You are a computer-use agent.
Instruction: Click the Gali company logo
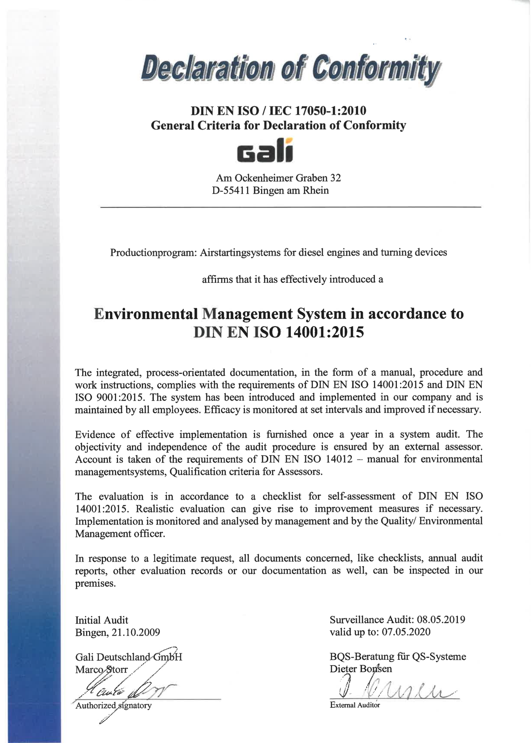tap(265, 151)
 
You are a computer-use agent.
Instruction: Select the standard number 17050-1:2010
tap(330, 111)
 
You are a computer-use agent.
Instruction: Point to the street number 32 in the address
tap(336, 178)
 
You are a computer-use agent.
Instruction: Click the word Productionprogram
tap(153, 253)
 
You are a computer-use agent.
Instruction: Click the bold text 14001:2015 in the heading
tap(324, 333)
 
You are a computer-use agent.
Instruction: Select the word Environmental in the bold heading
tap(146, 314)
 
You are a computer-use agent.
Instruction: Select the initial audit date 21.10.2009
tap(136, 632)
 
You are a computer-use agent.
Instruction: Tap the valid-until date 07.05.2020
tap(406, 632)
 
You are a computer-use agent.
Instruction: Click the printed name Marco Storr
tap(101, 670)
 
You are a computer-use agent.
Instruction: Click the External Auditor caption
tap(355, 705)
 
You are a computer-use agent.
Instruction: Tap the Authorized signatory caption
tap(114, 706)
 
